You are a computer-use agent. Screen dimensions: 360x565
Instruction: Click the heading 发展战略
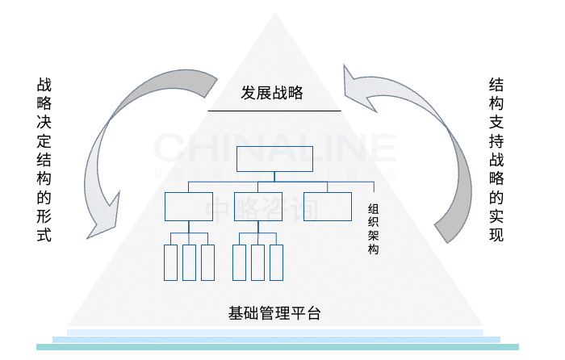pos(271,93)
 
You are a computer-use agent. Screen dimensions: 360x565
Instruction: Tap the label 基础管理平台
pos(275,312)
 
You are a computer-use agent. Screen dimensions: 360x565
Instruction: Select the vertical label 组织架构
pos(372,228)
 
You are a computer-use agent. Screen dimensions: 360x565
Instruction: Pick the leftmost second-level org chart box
pos(189,207)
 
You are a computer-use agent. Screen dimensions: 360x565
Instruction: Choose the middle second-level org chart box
pos(258,207)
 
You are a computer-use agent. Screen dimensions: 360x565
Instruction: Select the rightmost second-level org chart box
pos(328,207)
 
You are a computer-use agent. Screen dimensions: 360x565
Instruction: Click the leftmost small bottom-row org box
pos(170,262)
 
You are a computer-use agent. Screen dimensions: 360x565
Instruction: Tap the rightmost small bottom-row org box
pos(277,262)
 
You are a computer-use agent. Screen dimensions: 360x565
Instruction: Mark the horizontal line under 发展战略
pos(274,110)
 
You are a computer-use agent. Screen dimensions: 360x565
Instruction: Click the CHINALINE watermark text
pos(274,148)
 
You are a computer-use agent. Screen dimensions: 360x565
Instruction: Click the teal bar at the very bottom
pos(278,347)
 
